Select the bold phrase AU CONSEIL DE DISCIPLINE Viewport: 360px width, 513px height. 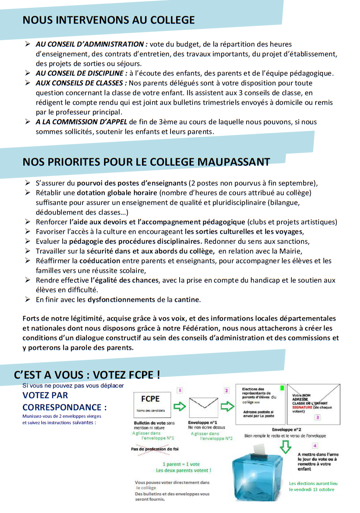click(x=82, y=73)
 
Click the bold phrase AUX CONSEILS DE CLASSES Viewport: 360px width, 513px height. click(x=81, y=83)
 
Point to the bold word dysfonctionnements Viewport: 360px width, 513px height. click(x=121, y=299)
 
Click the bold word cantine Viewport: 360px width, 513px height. click(x=187, y=299)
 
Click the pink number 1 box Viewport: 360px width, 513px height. click(x=180, y=390)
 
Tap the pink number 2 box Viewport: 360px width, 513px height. click(x=227, y=390)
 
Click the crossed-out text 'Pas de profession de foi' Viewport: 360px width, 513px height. click(x=154, y=449)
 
